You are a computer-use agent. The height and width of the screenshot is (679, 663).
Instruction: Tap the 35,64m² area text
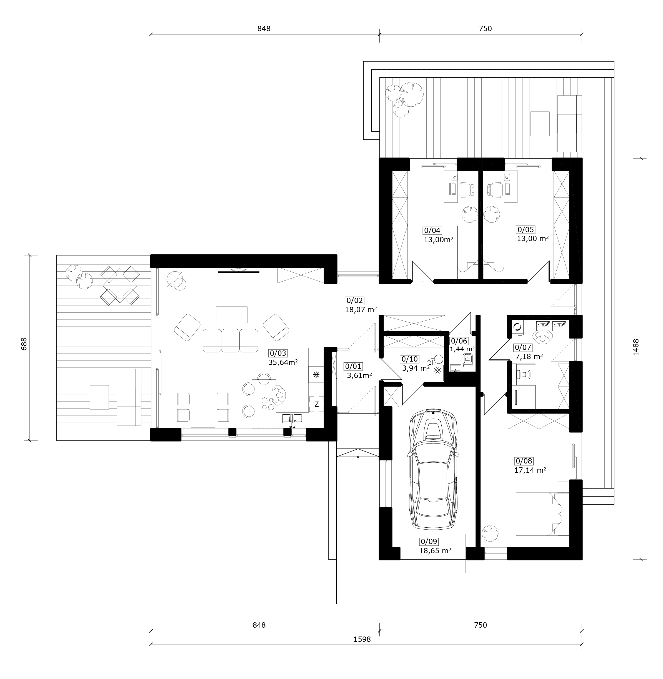tap(283, 362)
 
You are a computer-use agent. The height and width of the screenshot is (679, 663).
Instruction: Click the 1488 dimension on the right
tap(636, 347)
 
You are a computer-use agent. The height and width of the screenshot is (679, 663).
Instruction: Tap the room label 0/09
tap(429, 542)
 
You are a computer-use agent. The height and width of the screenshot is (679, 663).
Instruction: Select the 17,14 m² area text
tap(530, 470)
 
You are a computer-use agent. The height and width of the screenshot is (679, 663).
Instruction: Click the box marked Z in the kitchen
tap(317, 404)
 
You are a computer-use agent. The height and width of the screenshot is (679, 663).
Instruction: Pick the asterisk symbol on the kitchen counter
tap(316, 375)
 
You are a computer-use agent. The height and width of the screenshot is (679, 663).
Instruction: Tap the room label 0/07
tap(523, 347)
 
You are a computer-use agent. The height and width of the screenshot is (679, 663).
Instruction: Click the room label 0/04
tap(432, 230)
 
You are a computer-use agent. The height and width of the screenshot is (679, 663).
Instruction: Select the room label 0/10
tap(410, 359)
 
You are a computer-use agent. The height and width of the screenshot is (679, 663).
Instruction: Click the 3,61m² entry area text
tap(359, 375)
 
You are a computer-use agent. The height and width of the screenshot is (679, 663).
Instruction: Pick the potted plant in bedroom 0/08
tap(490, 533)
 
